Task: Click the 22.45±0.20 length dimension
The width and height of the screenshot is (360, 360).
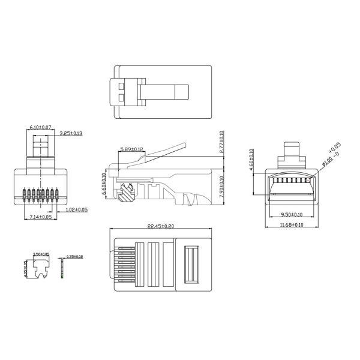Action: click(x=160, y=227)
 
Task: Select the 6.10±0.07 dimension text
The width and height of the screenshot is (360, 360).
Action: click(x=40, y=128)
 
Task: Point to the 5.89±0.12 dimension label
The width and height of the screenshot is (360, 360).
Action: click(x=131, y=149)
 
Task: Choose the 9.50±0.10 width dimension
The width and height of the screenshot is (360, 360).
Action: click(x=292, y=214)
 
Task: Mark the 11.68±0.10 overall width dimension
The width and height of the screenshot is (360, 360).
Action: click(x=292, y=226)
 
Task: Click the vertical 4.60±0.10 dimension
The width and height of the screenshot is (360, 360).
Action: click(x=251, y=160)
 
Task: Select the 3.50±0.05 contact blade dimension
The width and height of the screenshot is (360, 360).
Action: click(x=41, y=254)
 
